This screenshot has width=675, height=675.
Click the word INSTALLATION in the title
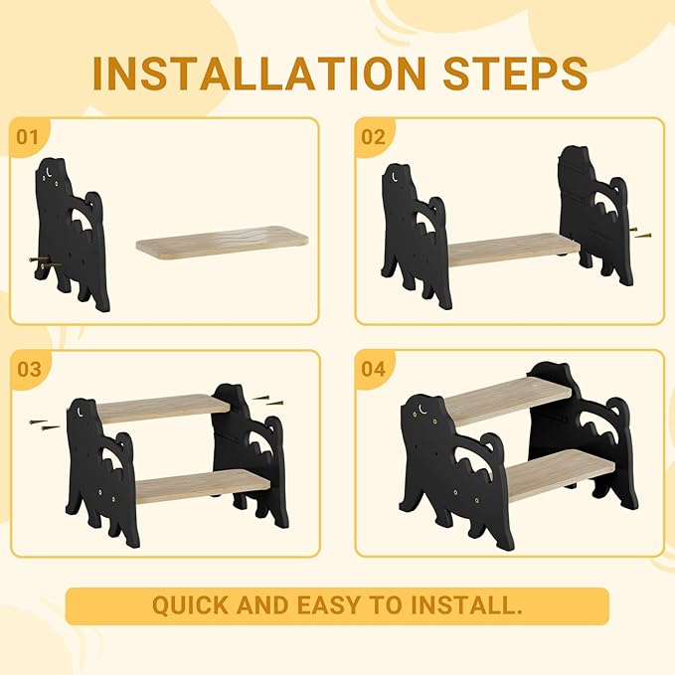click(258, 74)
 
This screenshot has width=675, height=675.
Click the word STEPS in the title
click(515, 74)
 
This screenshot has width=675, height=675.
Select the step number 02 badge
click(374, 137)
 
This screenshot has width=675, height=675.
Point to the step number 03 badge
click(29, 370)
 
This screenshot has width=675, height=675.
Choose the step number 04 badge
click(374, 370)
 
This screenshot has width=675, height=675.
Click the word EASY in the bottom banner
click(330, 605)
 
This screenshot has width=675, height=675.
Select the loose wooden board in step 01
click(222, 243)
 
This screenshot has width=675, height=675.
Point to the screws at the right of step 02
click(640, 233)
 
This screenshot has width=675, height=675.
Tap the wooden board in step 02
click(514, 250)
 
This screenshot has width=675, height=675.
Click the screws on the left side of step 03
click(45, 424)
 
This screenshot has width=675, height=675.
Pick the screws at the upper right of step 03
click(267, 401)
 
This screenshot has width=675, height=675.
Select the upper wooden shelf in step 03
click(164, 408)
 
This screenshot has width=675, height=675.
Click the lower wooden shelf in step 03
click(203, 486)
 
